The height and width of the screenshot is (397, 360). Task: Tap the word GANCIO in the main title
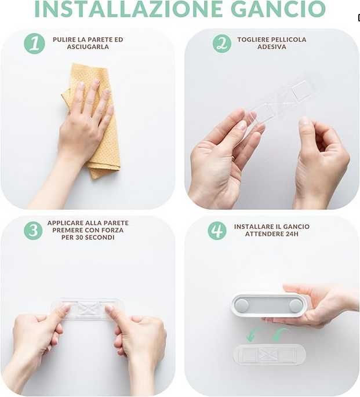pyautogui.click(x=278, y=9)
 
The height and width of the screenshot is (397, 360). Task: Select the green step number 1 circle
pyautogui.click(x=34, y=43)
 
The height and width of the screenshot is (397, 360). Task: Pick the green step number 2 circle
pyautogui.click(x=222, y=43)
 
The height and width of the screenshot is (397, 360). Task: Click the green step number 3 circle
pyautogui.click(x=33, y=231)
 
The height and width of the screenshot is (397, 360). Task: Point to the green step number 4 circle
pyautogui.click(x=217, y=231)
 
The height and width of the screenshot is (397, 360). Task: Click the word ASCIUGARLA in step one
pyautogui.click(x=88, y=47)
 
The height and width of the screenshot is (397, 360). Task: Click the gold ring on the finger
pyautogui.click(x=233, y=158)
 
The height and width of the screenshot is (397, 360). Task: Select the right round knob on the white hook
pyautogui.click(x=295, y=305)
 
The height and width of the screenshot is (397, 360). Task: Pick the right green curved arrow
pyautogui.click(x=279, y=335)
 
